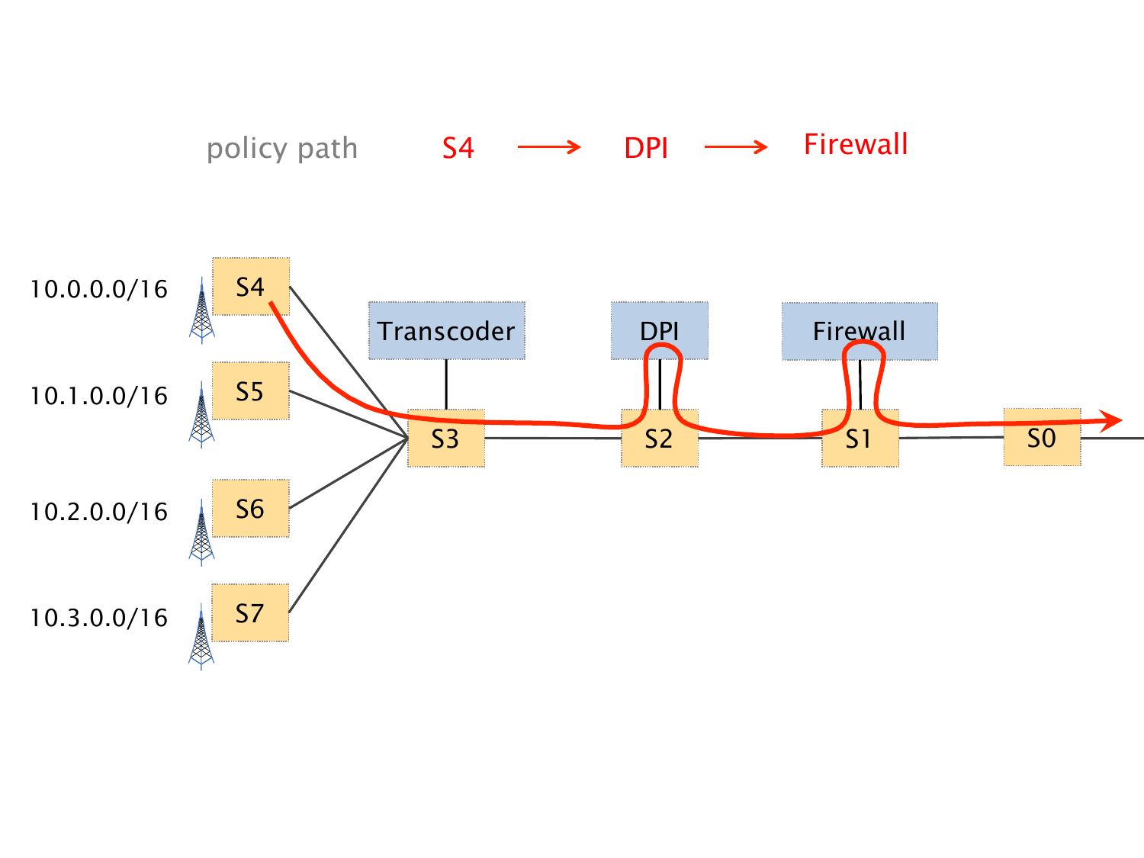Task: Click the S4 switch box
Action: point(250,286)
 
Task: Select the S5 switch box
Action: point(250,390)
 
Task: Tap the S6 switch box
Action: point(250,508)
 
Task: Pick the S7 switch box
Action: point(250,612)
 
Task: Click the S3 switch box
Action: point(445,439)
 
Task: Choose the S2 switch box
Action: point(659,439)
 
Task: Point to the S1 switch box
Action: point(860,439)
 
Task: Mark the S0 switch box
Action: point(1042,438)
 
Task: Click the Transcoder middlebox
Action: point(447,331)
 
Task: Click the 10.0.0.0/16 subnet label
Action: point(98,289)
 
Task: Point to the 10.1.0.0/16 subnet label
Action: point(98,396)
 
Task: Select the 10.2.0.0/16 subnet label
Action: point(98,512)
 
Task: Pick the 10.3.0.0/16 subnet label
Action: point(98,618)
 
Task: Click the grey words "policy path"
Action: point(282,148)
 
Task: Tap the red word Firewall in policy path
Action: point(856,144)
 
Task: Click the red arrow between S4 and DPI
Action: point(549,147)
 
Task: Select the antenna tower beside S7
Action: point(201,638)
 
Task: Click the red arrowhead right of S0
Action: point(1113,419)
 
